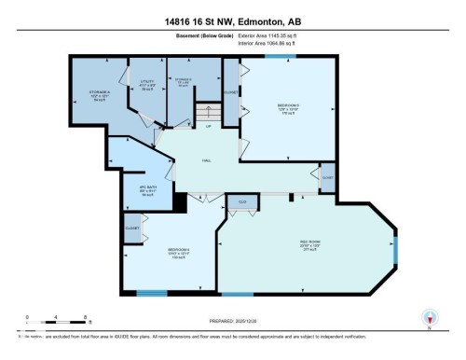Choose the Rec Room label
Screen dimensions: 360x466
(x=307, y=247)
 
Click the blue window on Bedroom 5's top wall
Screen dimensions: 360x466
(x=276, y=55)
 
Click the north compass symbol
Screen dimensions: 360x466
(x=429, y=318)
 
